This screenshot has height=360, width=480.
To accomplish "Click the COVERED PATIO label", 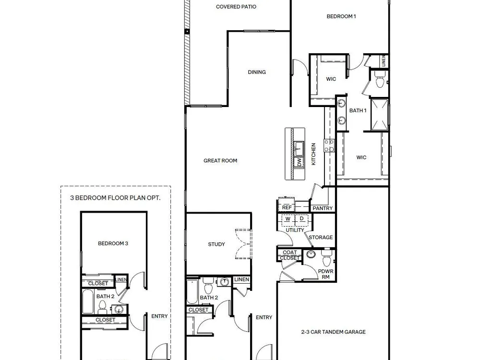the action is [x=236, y=7].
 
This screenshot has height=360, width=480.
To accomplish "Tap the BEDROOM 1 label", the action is [x=341, y=16].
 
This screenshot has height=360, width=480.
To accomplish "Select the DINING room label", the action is [x=257, y=72].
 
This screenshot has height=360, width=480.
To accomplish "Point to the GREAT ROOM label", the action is [x=220, y=160].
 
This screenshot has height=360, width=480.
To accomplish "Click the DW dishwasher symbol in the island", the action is [x=299, y=162].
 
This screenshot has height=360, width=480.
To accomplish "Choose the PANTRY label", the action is [x=323, y=208].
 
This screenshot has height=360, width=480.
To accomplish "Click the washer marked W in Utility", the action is [x=288, y=219].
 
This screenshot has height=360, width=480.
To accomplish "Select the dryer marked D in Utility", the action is [x=302, y=219].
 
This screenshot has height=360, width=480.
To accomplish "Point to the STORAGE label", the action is [x=321, y=237].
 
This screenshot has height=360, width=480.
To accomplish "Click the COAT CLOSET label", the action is [x=289, y=255].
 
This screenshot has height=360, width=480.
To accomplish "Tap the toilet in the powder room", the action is [x=326, y=258].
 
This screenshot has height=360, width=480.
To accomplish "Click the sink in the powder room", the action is [x=312, y=254].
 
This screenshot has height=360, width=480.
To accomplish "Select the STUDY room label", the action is [x=216, y=244].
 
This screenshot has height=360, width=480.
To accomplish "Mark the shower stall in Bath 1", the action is [x=380, y=115].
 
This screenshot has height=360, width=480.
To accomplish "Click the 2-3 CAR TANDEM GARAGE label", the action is [x=334, y=332].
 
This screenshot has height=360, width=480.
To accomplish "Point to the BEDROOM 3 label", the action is [x=113, y=244].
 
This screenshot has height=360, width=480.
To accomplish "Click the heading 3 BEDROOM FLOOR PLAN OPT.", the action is [x=115, y=198].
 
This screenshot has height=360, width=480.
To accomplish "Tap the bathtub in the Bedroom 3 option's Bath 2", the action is [x=87, y=301].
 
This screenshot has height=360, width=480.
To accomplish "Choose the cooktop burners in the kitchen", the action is [x=329, y=145].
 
